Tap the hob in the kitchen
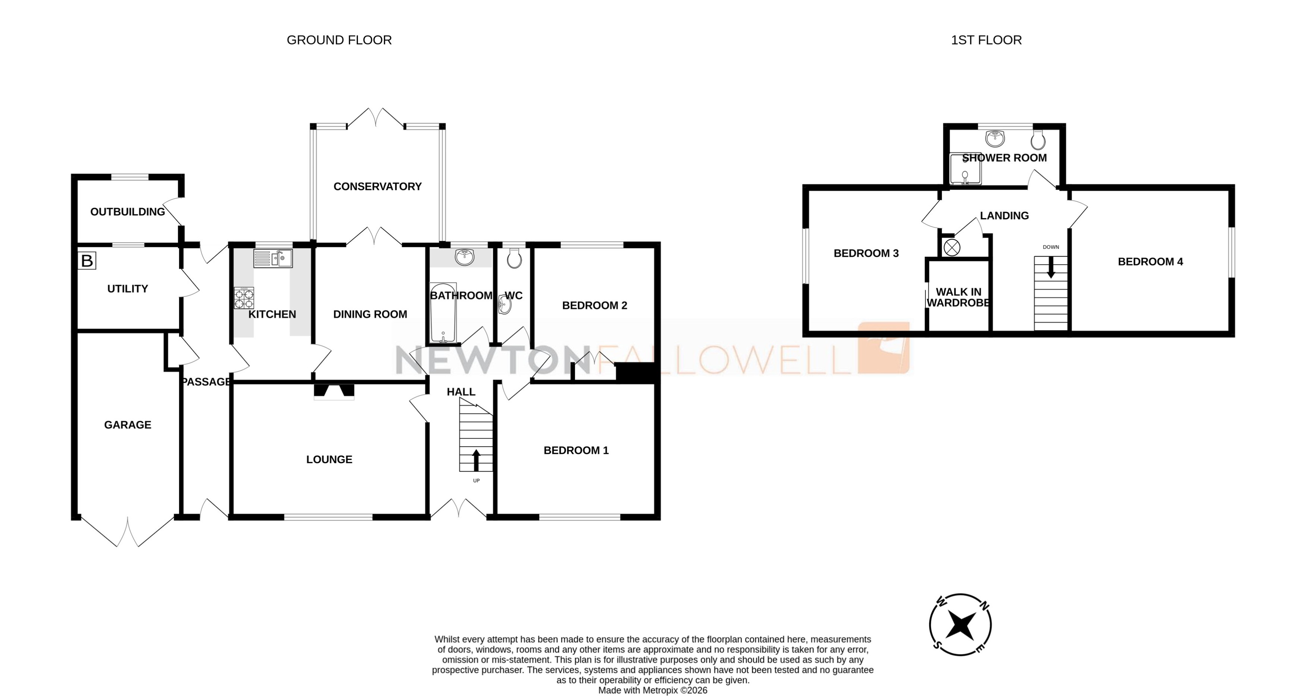pyautogui.click(x=244, y=298)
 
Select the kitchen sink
pyautogui.click(x=273, y=259)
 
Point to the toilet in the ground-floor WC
pyautogui.click(x=513, y=258)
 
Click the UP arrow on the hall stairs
pyautogui.click(x=476, y=460)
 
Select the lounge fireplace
pyautogui.click(x=334, y=391)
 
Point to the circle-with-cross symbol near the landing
pyautogui.click(x=952, y=248)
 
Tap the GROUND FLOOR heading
pyautogui.click(x=339, y=40)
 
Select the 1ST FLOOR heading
pyautogui.click(x=986, y=40)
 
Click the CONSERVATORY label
pyautogui.click(x=377, y=187)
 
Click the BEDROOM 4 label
pyautogui.click(x=1150, y=262)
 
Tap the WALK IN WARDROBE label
pyautogui.click(x=958, y=297)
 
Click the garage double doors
pyautogui.click(x=127, y=533)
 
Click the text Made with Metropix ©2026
pyautogui.click(x=653, y=690)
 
